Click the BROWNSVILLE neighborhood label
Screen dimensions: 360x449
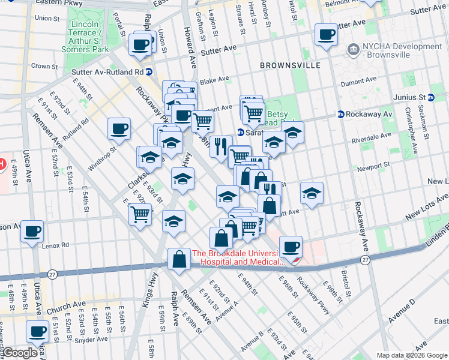[x=290, y=65]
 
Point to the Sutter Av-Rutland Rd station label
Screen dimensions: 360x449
[x=107, y=72]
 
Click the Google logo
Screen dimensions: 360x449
[x=19, y=353]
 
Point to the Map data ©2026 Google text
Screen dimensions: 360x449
[x=411, y=355]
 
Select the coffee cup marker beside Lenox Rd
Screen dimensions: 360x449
[x=32, y=231]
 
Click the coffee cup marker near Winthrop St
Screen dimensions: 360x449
[x=119, y=128]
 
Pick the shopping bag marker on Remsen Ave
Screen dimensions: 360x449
[x=179, y=260]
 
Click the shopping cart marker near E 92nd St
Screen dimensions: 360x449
[x=140, y=214]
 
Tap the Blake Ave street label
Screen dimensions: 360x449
[x=214, y=80]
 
